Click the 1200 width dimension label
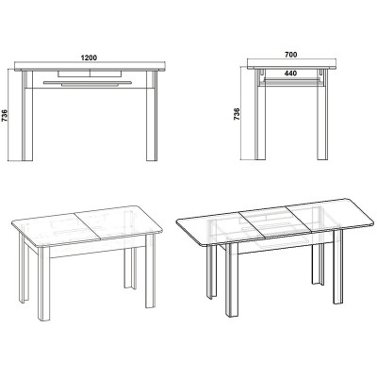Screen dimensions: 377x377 click(x=90, y=58)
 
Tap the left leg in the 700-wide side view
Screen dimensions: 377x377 click(x=266, y=122)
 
